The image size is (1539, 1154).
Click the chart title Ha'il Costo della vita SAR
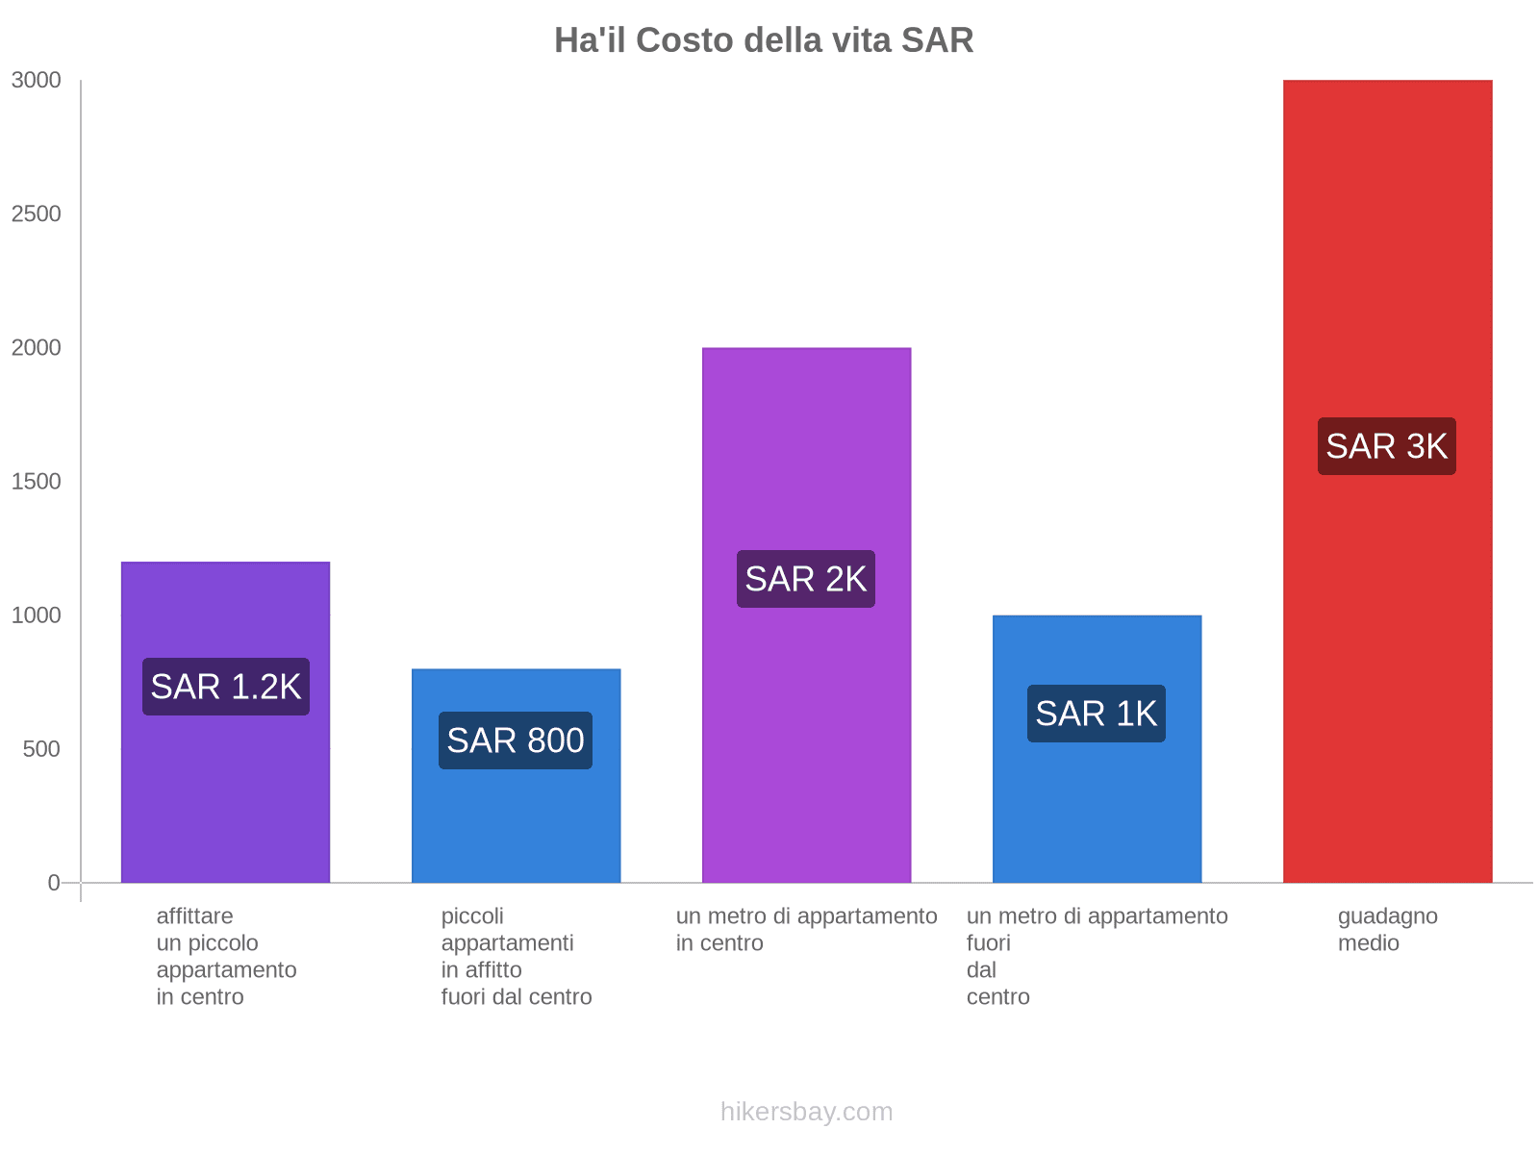[764, 40]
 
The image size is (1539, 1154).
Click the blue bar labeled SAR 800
[516, 827]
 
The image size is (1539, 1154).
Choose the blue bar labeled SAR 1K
[1097, 808]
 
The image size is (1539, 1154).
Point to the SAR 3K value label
[1386, 446]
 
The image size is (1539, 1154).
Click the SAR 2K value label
[806, 579]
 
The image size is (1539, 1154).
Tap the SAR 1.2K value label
[226, 687]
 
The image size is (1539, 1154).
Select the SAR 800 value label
[516, 740]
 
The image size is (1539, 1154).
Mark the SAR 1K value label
[1097, 714]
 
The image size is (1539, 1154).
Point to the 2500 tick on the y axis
[37, 213]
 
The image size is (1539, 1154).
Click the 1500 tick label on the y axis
[37, 481]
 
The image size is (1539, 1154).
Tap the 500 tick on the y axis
[42, 748]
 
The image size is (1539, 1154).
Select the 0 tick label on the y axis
[54, 882]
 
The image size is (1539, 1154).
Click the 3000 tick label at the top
[37, 81]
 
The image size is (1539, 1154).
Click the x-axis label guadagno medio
[1387, 929]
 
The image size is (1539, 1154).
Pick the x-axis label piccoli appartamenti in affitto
[516, 956]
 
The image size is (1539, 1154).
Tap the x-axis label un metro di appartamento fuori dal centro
[1097, 956]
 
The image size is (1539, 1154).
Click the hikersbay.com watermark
[806, 1112]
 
